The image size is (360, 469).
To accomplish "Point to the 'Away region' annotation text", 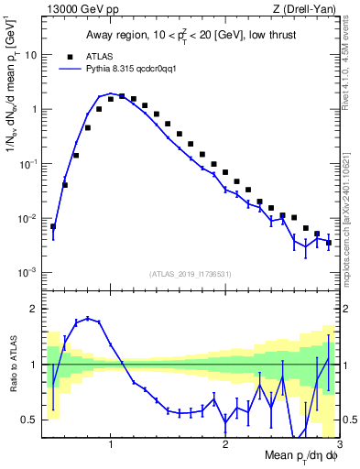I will coord(116,36).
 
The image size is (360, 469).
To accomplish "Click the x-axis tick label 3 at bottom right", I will coord(338,444).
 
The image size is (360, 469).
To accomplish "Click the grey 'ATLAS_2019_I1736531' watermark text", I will coord(191,273).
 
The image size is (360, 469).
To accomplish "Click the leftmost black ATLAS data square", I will coord(53,226).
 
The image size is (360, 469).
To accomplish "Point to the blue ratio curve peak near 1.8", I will coord(87,318).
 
